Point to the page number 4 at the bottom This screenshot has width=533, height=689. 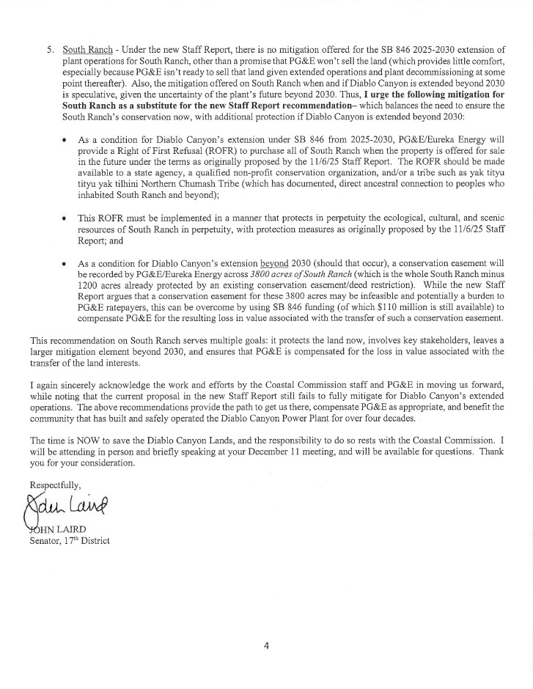[267, 646]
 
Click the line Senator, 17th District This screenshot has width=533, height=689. [69, 541]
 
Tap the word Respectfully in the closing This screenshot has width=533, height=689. [55, 486]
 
